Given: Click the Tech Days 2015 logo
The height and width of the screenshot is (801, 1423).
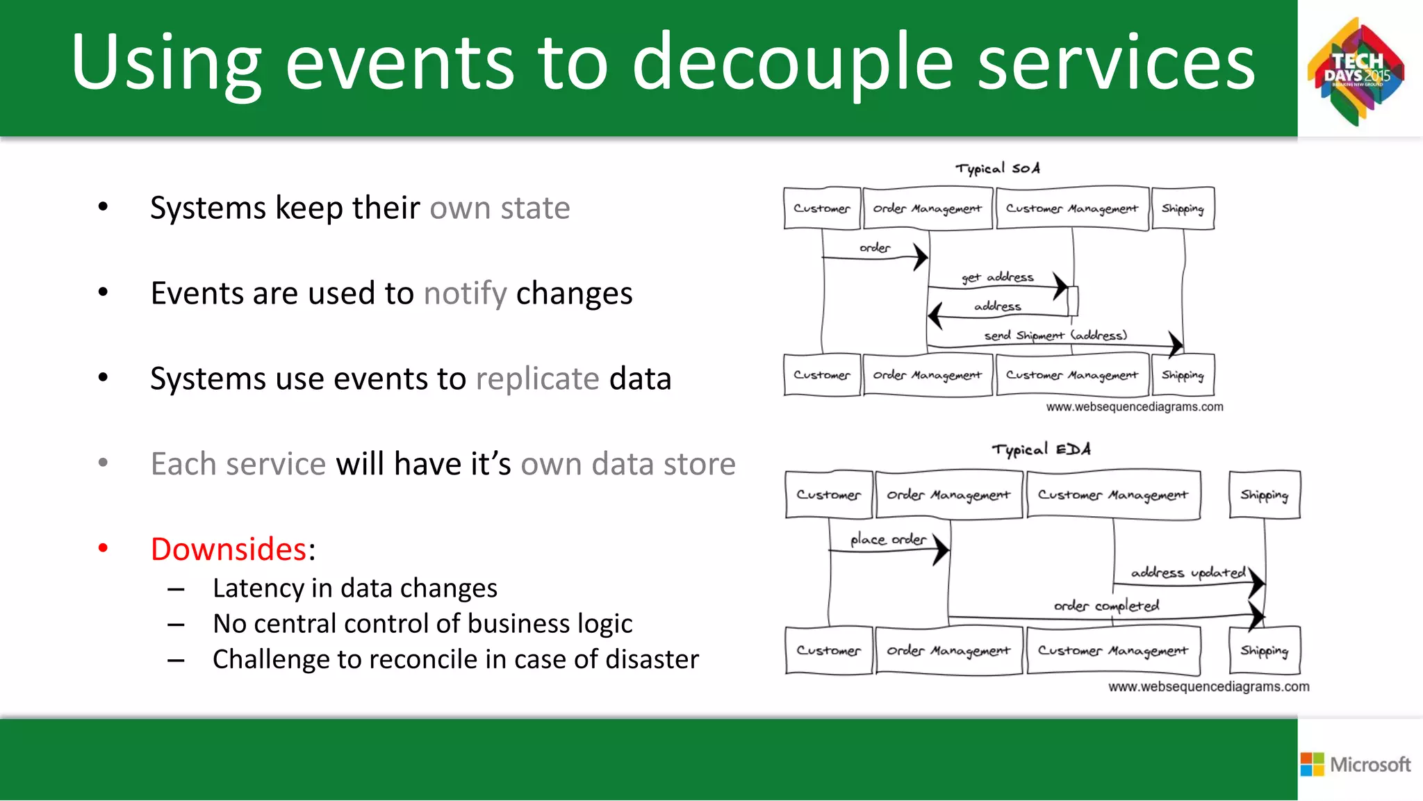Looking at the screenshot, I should tap(1356, 72).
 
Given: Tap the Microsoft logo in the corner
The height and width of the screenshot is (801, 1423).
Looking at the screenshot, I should tap(1356, 764).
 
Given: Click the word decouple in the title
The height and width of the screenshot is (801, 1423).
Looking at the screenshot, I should tap(792, 64).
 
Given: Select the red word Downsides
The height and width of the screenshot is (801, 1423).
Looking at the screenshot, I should tap(229, 549).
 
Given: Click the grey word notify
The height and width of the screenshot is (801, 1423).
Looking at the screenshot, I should tap(466, 293).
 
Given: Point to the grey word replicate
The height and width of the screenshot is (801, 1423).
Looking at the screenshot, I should tap(537, 379).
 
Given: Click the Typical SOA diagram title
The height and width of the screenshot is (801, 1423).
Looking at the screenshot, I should tap(997, 168).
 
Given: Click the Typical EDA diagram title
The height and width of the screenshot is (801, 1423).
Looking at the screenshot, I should tap(1041, 449).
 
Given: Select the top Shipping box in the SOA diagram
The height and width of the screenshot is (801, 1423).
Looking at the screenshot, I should tap(1183, 208).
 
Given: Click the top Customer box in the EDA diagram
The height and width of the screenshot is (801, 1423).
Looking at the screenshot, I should tap(828, 495).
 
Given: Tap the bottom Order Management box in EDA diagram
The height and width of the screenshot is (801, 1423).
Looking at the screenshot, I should tap(948, 651).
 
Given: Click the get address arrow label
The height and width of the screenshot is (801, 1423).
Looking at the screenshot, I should tap(998, 277).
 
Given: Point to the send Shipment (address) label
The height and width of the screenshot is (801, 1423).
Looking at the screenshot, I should tap(1055, 336).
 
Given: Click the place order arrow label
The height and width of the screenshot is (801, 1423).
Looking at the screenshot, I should tap(888, 539).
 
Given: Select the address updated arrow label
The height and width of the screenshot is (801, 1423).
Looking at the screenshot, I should tap(1188, 572).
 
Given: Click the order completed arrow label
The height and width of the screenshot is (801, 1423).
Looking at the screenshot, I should tap(1106, 606).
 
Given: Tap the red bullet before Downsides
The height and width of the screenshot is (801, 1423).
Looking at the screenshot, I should tap(103, 548).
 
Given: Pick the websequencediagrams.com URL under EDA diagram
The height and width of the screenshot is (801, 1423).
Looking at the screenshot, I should tap(1208, 686).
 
